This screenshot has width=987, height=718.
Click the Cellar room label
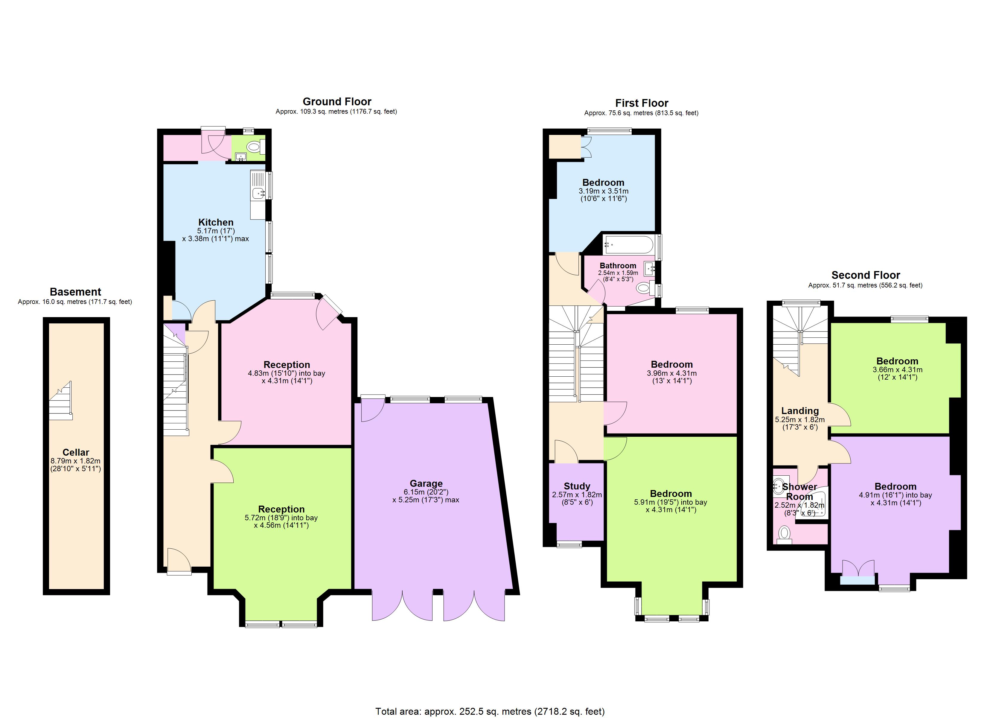76,452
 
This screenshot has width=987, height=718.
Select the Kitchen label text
216,222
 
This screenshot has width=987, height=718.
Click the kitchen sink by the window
259,192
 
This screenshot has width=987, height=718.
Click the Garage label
426,483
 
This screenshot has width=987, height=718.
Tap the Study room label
577,486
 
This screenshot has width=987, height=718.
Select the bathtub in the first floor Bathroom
628,245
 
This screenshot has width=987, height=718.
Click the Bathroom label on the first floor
618,266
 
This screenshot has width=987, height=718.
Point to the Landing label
799,410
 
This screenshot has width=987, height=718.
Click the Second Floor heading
865,275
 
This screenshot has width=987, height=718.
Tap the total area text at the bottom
490,711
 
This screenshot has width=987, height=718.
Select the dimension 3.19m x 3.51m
603,191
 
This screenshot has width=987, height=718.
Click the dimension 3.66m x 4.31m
897,370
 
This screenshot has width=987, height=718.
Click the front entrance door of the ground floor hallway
179,562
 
